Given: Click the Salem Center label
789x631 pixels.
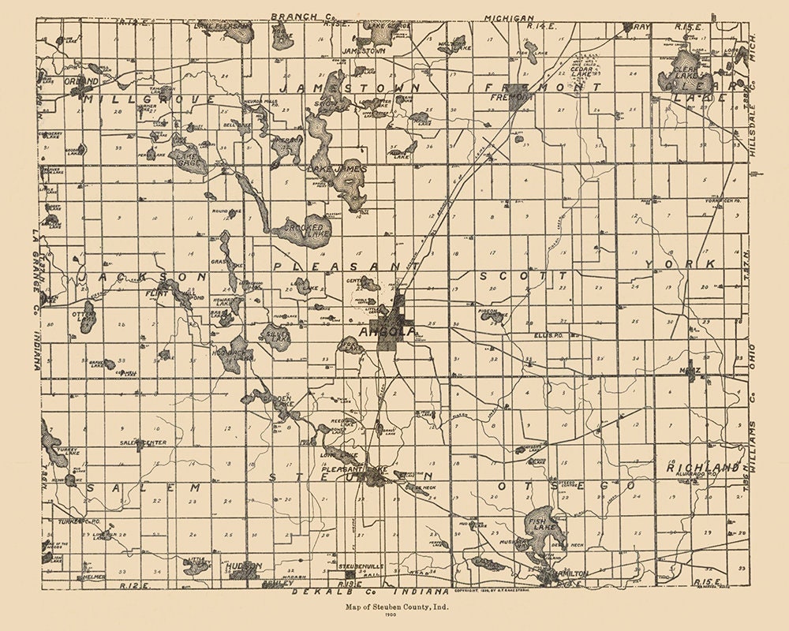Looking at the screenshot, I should tap(143, 442).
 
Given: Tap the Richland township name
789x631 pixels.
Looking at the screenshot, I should tap(704, 468).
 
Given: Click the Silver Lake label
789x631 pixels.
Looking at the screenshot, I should tap(277, 334).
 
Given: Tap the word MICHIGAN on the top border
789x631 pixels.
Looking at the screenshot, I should tap(510, 17).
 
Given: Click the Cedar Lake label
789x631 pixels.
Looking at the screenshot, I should tap(581, 69).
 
